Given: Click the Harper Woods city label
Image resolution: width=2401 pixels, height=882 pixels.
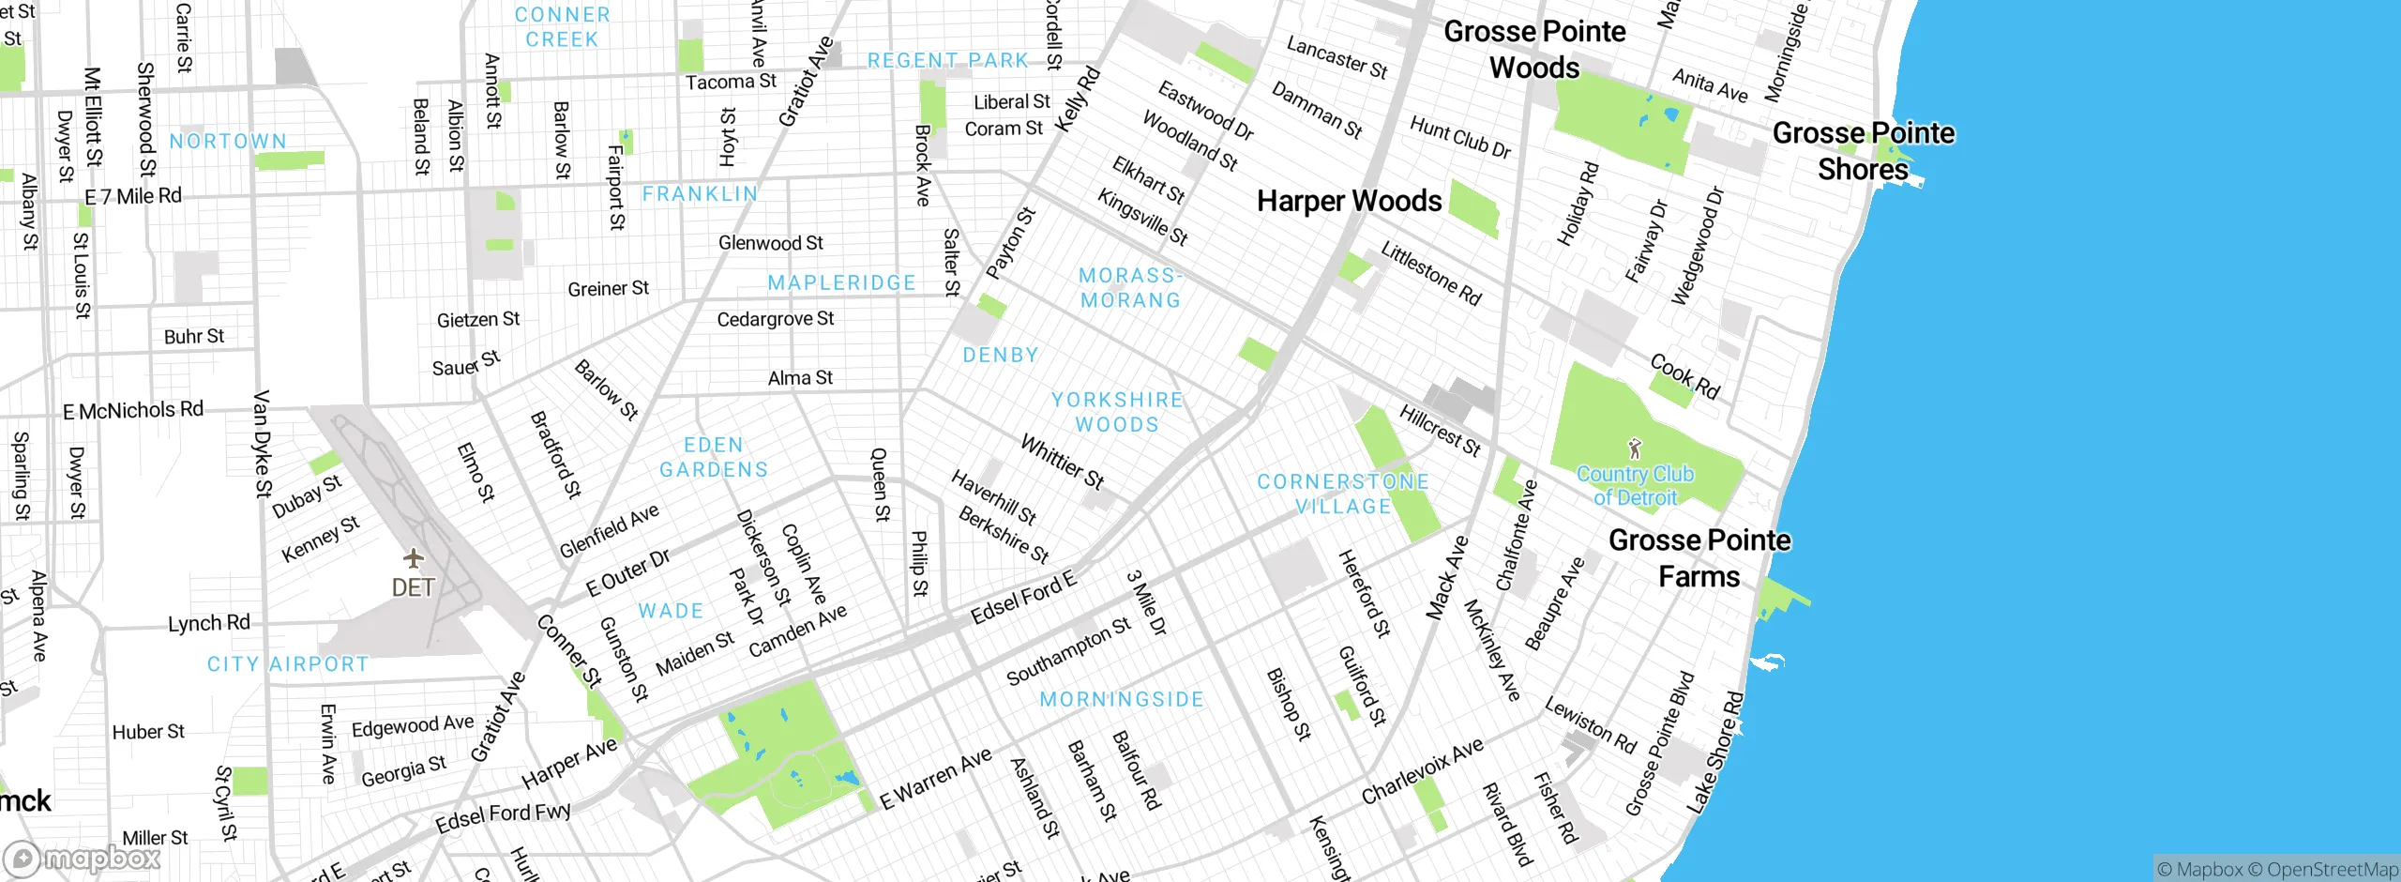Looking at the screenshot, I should pyautogui.click(x=1349, y=201).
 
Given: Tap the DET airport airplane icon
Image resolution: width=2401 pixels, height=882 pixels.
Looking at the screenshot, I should pyautogui.click(x=414, y=559).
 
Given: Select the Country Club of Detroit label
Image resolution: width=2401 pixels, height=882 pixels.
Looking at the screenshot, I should pyautogui.click(x=1635, y=485).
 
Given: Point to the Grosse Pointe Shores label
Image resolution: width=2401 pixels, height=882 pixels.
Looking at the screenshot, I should pyautogui.click(x=1863, y=151).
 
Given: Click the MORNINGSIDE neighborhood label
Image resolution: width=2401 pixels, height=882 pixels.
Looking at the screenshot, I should pyautogui.click(x=1122, y=699).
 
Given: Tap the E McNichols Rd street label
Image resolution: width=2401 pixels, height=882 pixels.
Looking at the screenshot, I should pyautogui.click(x=133, y=410).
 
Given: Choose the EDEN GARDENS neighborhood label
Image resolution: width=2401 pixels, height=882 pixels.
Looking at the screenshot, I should pyautogui.click(x=713, y=457).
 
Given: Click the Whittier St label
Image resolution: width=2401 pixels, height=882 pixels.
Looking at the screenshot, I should pyautogui.click(x=1063, y=461).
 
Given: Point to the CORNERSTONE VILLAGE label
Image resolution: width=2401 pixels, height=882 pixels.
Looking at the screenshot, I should pyautogui.click(x=1343, y=494).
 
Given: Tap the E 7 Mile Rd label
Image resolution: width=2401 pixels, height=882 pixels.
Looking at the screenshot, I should pyautogui.click(x=133, y=196).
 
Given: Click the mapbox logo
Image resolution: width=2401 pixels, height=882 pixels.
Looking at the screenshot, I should pyautogui.click(x=83, y=858).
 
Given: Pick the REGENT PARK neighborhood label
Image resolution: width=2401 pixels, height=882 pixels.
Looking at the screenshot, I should pyautogui.click(x=947, y=61).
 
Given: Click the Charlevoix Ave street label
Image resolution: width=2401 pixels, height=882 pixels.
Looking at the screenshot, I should pyautogui.click(x=1422, y=770).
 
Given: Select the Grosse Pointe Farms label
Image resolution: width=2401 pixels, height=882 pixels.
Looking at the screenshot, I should pyautogui.click(x=1699, y=558).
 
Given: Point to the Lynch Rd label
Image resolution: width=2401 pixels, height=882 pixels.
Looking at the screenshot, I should pyautogui.click(x=208, y=623).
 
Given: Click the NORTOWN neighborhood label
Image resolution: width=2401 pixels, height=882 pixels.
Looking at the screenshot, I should pyautogui.click(x=228, y=141).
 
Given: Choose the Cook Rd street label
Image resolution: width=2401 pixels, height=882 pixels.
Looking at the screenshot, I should pyautogui.click(x=1684, y=375).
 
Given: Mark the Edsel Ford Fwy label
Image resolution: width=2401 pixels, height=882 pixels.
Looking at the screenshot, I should pyautogui.click(x=503, y=816).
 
